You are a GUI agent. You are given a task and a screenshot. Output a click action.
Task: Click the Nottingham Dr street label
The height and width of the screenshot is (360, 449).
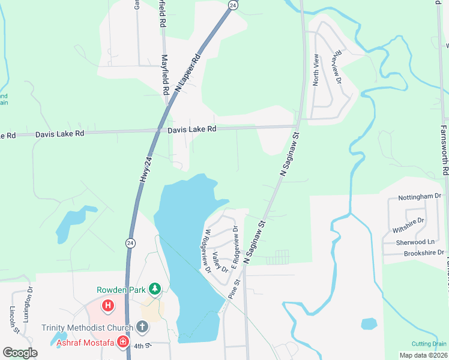coord(420,196)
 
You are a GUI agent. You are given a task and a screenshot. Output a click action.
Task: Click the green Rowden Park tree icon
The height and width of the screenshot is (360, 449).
coord(155,289)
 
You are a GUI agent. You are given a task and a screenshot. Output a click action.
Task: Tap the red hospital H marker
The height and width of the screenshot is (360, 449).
coord(108,306)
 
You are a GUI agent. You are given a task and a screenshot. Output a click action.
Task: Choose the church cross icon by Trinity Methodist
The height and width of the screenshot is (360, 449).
coord(142,327)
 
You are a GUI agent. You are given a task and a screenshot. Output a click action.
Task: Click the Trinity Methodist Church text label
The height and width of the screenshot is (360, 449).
coord(86,328)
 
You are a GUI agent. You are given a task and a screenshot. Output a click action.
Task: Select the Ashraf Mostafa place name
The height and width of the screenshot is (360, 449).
coord(86,343)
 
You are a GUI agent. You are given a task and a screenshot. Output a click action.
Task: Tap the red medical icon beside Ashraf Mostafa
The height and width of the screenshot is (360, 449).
coord(123,342)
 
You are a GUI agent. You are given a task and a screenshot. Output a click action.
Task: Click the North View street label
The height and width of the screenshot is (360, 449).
coord(316,70)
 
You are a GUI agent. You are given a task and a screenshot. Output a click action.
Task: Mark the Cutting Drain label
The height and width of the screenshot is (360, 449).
coord(429,344)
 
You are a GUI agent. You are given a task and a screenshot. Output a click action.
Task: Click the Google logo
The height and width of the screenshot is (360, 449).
coord(20,353)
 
